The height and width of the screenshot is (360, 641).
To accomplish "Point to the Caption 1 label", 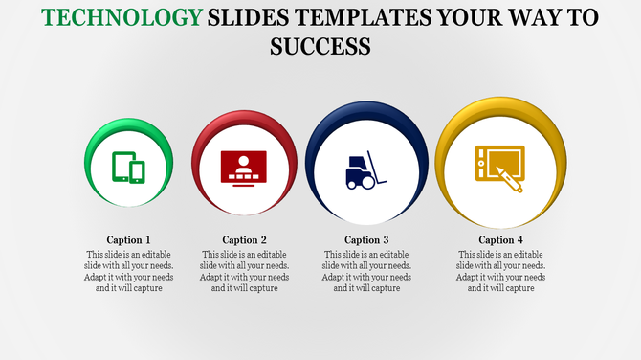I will [x=128, y=239].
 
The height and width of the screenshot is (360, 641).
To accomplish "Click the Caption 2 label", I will [x=245, y=239].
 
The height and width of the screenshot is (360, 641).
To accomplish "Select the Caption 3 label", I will [x=366, y=239].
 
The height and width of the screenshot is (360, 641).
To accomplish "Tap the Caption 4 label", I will [x=501, y=239].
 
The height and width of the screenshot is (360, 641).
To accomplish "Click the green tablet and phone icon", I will [x=128, y=168].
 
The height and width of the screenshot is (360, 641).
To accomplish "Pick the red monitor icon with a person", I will [x=244, y=168].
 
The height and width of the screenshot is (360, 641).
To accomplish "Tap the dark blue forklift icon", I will [x=365, y=169].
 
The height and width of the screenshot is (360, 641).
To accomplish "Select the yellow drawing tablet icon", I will [x=500, y=166].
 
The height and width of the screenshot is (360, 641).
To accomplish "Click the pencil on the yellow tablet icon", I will [x=509, y=176].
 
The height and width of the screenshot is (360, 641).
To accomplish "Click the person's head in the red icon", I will [x=244, y=159].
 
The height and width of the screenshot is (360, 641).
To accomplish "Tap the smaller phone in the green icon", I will [x=137, y=171].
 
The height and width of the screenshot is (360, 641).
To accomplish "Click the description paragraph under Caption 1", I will [x=128, y=271].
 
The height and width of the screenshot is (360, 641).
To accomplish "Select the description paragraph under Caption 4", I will [x=501, y=271].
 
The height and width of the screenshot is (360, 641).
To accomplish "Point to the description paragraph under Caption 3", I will [x=366, y=271].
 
